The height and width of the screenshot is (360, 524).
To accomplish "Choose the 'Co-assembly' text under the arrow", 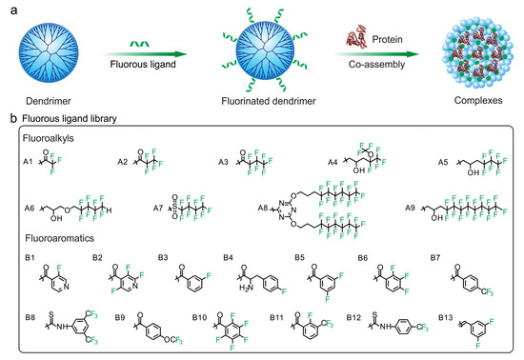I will coord(360,69).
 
